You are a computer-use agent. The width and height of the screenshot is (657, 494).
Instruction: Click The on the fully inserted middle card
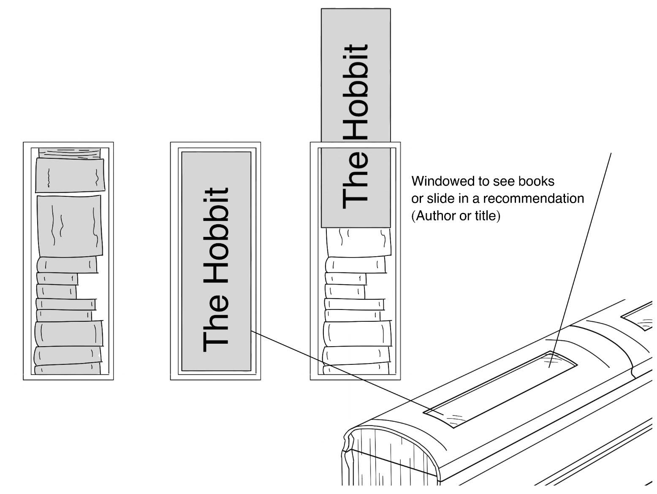point(216,326)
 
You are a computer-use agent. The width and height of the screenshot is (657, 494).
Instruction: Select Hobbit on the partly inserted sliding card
point(356,92)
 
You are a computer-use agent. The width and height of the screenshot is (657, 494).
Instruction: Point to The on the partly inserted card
point(356,182)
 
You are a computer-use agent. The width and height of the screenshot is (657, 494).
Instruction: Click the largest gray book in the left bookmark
point(70,225)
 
